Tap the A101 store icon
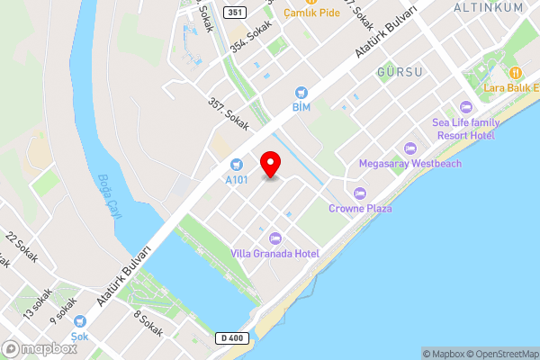pos(236,164)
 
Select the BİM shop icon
pos(301,92)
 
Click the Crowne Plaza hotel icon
pos(360,193)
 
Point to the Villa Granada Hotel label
pos(275,253)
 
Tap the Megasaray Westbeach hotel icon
pos(411,148)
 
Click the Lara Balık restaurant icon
pos(516,72)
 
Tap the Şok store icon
pos(80,319)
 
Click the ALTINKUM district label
pos(488,8)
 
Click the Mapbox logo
pos(40,349)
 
